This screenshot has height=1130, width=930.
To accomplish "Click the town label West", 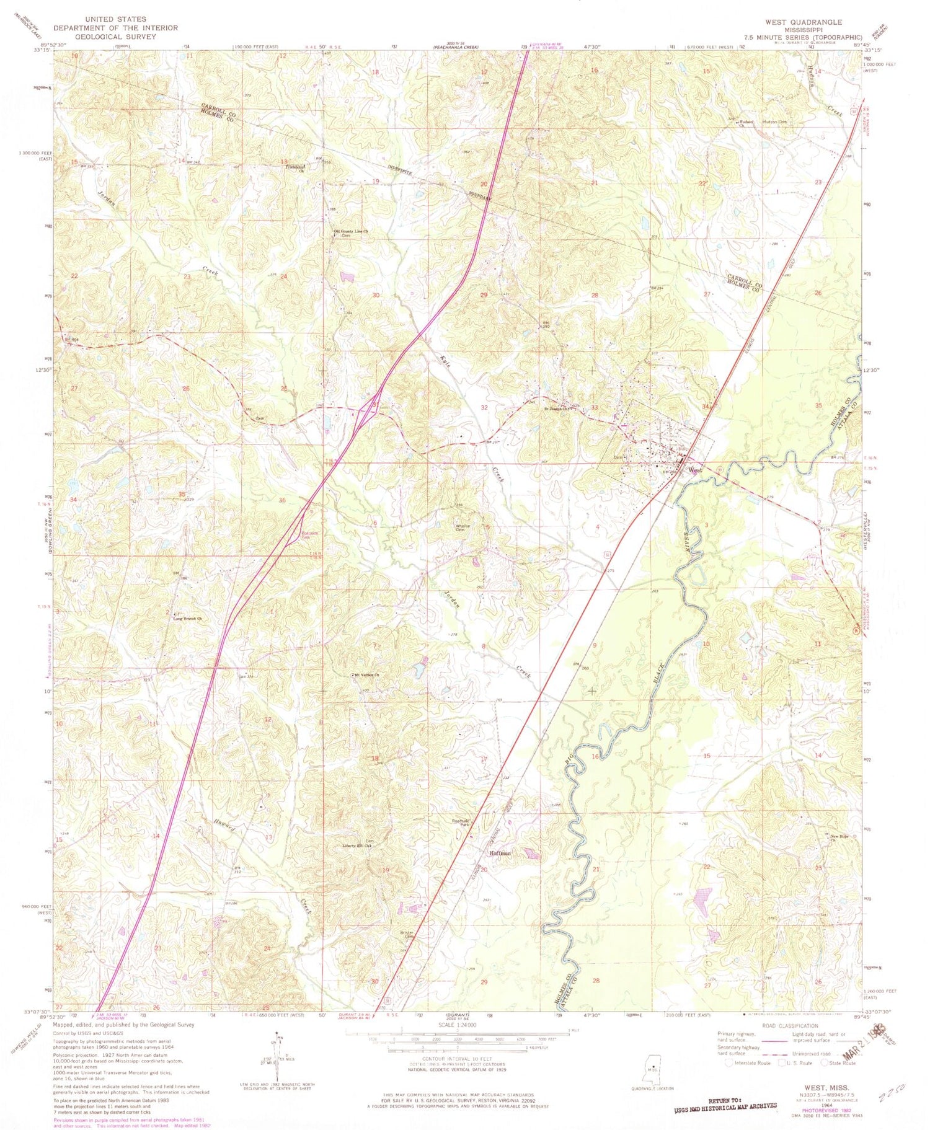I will (696, 469).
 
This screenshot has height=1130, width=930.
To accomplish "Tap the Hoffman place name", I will (500, 853).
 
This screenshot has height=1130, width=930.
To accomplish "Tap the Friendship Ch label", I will (296, 167).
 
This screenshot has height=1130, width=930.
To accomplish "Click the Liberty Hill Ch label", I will (357, 845).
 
